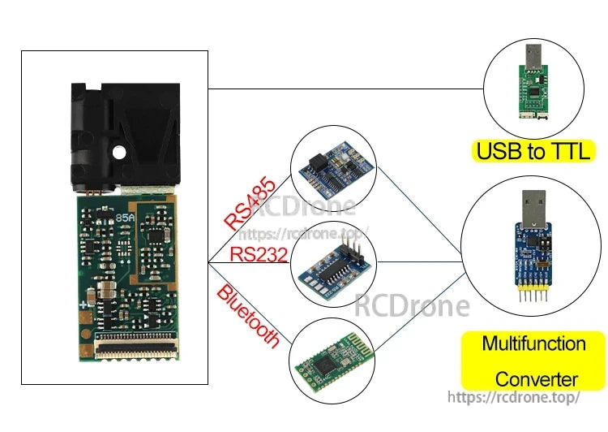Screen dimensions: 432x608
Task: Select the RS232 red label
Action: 259,253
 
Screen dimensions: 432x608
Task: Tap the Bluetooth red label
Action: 248,316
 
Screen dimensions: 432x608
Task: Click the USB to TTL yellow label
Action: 533,151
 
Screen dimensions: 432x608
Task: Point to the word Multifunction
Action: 533,343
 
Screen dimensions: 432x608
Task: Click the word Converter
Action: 536,379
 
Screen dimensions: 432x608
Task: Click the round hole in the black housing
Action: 119,151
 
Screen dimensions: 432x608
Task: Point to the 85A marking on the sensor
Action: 126,218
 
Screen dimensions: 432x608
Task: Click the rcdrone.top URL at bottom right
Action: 514,397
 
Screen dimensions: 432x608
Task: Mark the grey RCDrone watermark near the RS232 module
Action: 412,306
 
